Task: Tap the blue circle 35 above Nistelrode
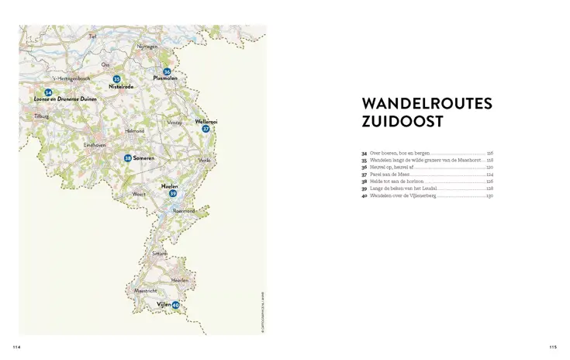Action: tap(116, 79)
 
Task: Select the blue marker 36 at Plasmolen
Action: tap(167, 71)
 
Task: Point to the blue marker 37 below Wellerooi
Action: tap(206, 129)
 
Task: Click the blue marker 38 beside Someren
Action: tap(128, 158)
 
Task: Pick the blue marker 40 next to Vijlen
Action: tap(175, 305)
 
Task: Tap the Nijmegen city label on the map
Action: tap(147, 46)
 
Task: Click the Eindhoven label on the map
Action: tap(95, 145)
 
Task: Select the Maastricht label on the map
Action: tap(146, 291)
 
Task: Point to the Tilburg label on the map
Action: tap(41, 116)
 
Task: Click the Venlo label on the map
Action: tap(205, 160)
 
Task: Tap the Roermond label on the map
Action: tap(184, 210)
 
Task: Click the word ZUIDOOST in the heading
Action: tap(403, 122)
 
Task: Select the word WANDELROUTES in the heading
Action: tap(427, 104)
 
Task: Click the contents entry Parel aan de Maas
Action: tap(389, 175)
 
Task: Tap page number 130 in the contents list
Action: tap(489, 196)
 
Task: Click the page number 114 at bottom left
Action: tap(16, 347)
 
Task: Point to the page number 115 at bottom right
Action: tap(552, 347)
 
